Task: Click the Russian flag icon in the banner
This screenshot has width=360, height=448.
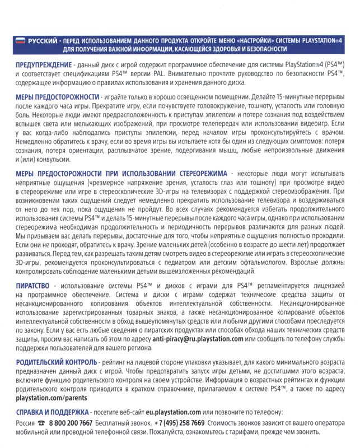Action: (x=21, y=41)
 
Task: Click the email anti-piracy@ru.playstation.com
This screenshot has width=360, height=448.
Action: (x=198, y=339)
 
